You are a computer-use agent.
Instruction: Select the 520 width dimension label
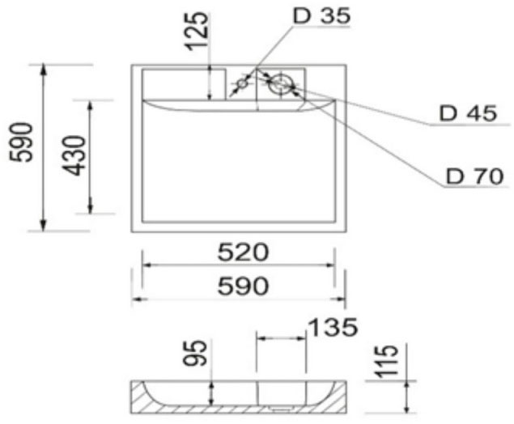(240, 252)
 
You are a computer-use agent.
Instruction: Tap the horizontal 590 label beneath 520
(240, 286)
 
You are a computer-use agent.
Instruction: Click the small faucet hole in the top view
(243, 83)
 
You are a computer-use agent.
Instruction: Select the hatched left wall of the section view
(142, 396)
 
